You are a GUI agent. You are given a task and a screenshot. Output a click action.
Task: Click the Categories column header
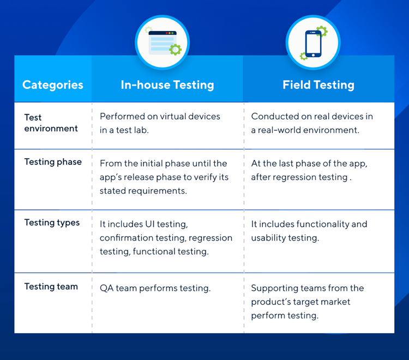click(x=53, y=85)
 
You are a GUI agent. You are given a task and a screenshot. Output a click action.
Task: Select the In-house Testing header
click(x=167, y=85)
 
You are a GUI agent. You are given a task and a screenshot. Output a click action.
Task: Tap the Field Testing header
click(x=318, y=85)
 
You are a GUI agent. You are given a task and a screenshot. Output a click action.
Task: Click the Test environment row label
click(x=51, y=123)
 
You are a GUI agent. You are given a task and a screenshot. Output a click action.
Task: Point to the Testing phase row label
click(x=53, y=162)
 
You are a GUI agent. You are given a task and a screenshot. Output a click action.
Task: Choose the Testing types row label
click(x=52, y=223)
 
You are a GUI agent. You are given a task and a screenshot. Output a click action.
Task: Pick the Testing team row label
click(x=51, y=287)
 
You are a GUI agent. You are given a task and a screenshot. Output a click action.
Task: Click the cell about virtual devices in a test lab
click(x=160, y=123)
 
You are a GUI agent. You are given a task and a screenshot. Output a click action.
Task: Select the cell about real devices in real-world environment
click(x=312, y=123)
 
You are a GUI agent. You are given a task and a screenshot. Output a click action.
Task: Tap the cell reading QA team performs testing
click(x=155, y=288)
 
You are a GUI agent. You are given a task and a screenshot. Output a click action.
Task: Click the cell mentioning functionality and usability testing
click(x=309, y=231)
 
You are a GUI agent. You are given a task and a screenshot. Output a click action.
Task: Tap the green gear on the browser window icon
click(x=175, y=50)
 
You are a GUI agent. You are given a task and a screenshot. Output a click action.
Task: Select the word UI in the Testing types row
click(x=150, y=224)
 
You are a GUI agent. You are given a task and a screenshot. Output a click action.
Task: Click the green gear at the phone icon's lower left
click(x=304, y=56)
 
